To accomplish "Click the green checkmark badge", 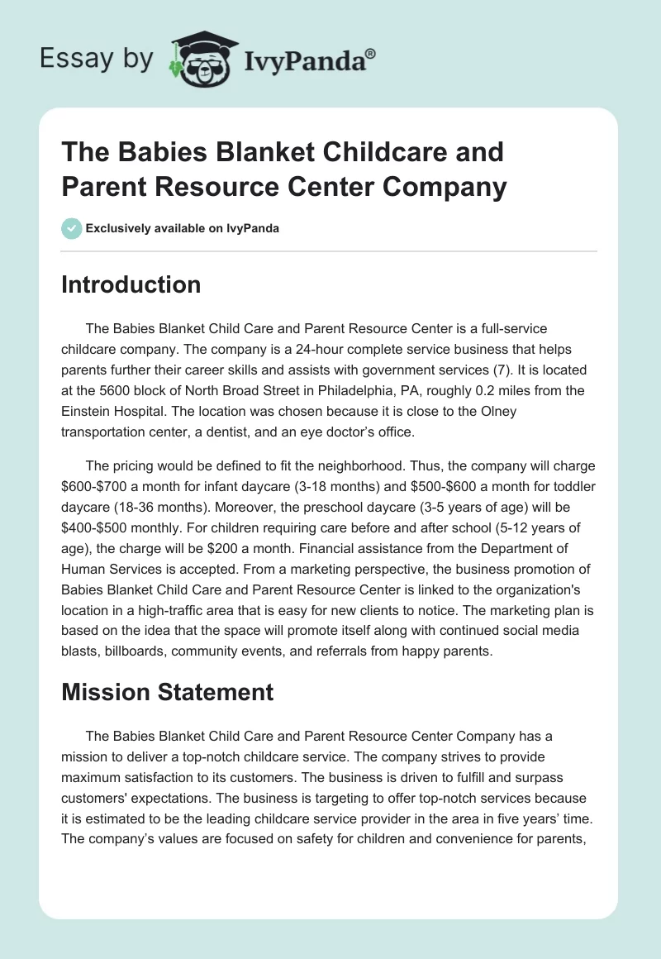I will pos(72,228).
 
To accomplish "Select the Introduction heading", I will pos(131,284).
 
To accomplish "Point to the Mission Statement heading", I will pos(167,691).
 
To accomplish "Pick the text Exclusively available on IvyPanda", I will pos(183,228).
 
